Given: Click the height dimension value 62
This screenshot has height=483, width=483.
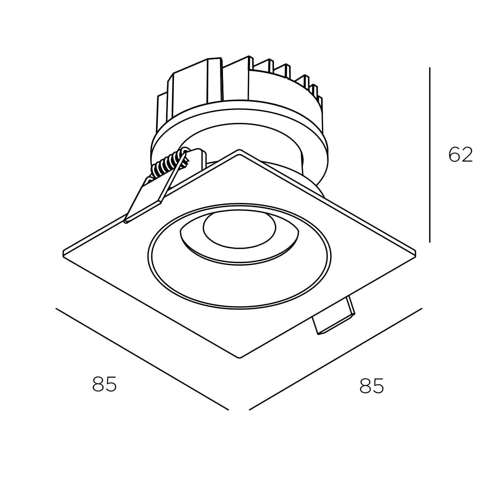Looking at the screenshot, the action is pos(460,155).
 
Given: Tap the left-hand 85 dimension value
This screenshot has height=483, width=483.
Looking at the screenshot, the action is pos(105,384).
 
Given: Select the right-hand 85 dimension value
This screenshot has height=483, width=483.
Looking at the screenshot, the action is pos(372,386).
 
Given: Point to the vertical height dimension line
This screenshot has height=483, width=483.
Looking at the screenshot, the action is pos(430,155).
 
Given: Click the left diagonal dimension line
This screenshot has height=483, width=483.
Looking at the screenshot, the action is pos(142,359).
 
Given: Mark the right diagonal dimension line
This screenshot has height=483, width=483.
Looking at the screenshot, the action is pos(335,359).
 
